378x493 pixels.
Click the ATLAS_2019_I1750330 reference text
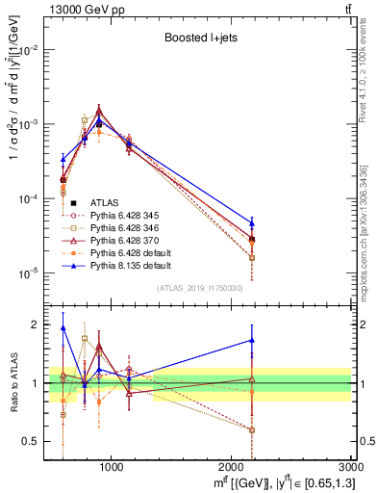[x=200, y=288]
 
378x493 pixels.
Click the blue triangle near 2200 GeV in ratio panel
[x=252, y=340]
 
